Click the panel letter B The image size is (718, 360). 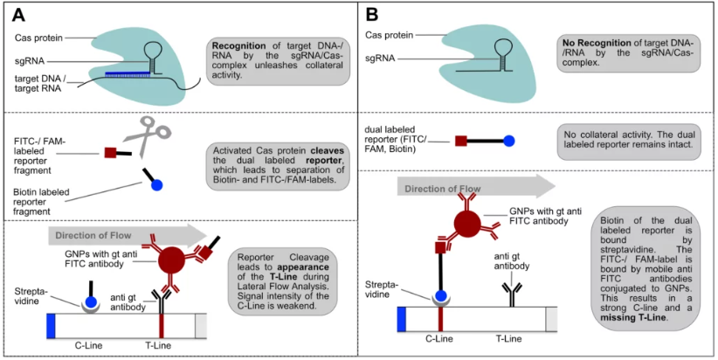373,15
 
